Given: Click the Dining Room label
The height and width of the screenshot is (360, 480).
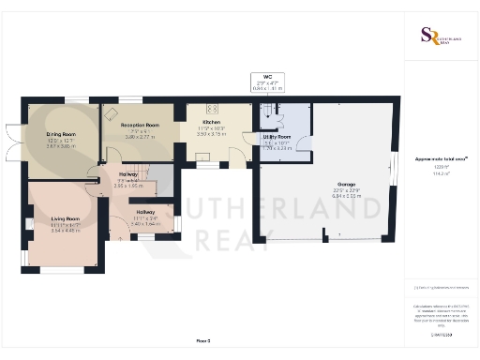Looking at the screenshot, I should [61, 134].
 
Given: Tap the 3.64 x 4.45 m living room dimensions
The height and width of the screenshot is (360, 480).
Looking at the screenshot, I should [66, 230].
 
